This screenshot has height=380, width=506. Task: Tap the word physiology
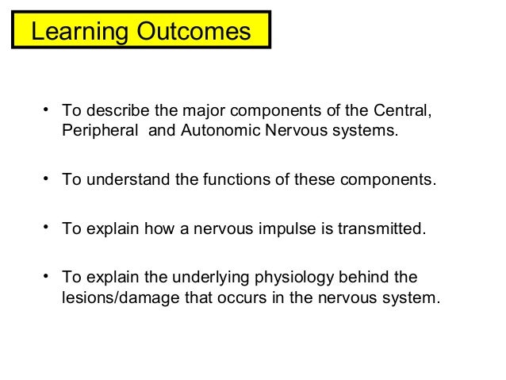click(x=296, y=279)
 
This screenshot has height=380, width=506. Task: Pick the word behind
click(x=379, y=279)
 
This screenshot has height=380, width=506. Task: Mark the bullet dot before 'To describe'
click(x=48, y=109)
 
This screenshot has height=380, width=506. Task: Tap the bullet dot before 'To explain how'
click(x=48, y=229)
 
